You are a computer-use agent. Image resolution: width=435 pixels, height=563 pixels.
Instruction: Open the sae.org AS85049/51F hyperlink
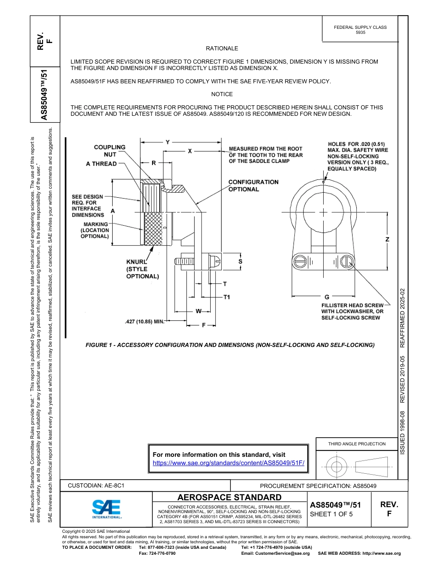tap(228, 463)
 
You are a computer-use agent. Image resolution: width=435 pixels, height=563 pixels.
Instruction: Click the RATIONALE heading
tap(222, 49)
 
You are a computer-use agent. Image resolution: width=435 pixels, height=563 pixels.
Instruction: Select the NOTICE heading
tap(222, 94)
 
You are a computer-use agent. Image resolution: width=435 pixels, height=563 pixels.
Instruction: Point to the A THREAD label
tap(101, 164)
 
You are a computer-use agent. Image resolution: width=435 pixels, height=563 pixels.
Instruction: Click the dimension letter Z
tap(387, 240)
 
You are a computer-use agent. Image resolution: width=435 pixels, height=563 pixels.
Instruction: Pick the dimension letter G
tap(326, 297)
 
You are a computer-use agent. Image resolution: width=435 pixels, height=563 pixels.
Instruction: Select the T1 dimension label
tap(226, 298)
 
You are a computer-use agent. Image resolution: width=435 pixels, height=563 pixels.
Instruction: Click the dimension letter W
tap(198, 311)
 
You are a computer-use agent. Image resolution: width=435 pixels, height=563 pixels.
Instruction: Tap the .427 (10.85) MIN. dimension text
tap(144, 322)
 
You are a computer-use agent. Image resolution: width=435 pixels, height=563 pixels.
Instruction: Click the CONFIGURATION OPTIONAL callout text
tap(253, 185)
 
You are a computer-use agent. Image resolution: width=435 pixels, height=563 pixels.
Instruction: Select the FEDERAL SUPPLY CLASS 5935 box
tap(360, 30)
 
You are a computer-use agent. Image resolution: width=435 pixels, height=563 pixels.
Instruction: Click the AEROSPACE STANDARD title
tap(229, 497)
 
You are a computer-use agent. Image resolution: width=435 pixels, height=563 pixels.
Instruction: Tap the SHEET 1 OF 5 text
tap(332, 514)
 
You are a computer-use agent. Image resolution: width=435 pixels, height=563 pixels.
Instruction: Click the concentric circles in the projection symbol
tap(337, 466)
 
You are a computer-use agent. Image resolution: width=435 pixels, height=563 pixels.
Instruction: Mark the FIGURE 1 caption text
tap(230, 345)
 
